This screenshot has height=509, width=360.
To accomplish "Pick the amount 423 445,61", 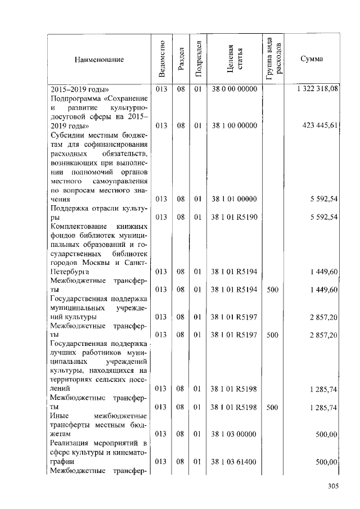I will pos(321,125).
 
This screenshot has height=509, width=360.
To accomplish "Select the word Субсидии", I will pos(66,135).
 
